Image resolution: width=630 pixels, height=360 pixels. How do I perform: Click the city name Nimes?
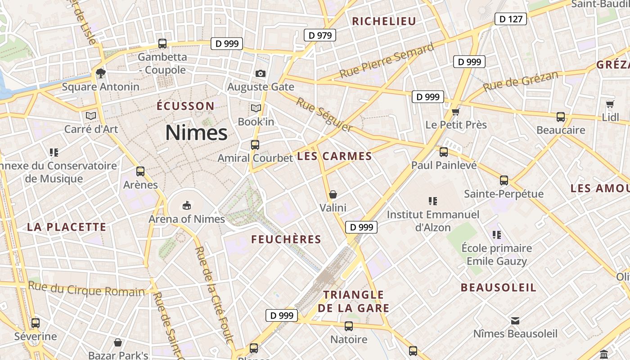click(196, 133)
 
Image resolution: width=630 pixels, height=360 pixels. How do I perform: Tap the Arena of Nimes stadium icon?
click(186, 206)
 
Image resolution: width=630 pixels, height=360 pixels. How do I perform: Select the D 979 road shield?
click(320, 35)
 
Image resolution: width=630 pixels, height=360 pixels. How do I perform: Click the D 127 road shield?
click(511, 19)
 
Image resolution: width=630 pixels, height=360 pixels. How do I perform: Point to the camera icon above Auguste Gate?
click(260, 73)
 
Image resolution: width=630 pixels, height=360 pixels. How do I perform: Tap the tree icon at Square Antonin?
click(100, 73)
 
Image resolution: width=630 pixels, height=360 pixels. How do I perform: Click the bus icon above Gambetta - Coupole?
click(162, 44)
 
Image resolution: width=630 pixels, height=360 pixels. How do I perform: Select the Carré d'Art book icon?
click(91, 116)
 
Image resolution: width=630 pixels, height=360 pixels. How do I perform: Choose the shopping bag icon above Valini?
click(333, 194)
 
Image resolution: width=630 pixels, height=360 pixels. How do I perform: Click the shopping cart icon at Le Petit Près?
click(456, 111)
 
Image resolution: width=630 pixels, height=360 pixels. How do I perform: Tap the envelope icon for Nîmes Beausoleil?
click(515, 320)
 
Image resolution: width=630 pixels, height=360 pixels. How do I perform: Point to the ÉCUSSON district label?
click(185, 106)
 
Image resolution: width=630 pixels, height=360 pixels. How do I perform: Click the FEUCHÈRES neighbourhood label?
click(286, 239)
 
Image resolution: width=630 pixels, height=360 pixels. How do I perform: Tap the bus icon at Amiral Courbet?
click(255, 144)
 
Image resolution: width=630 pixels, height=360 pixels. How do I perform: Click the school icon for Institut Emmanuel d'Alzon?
click(433, 201)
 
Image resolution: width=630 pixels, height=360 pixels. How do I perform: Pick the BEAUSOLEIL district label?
click(499, 288)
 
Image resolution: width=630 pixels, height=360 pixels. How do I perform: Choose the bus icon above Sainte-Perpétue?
click(504, 180)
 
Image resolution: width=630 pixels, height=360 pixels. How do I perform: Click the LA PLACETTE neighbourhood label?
click(67, 227)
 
